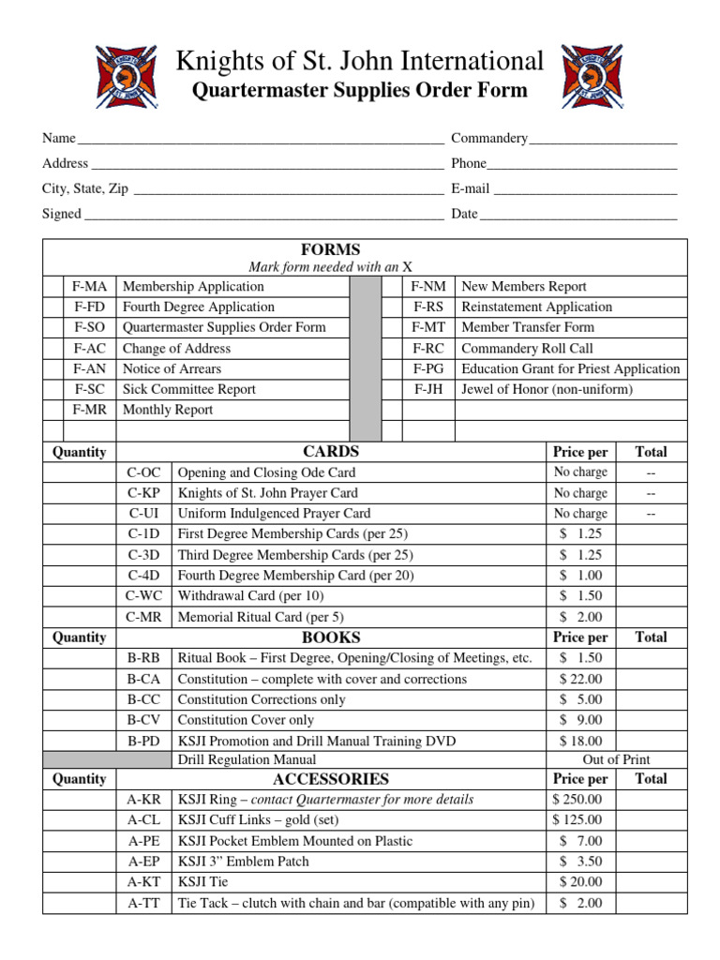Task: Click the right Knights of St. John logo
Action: pyautogui.click(x=591, y=77)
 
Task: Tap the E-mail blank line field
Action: pyautogui.click(x=585, y=189)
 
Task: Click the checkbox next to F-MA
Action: pyautogui.click(x=54, y=287)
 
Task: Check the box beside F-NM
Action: pyautogui.click(x=392, y=287)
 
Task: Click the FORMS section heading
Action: pyautogui.click(x=330, y=249)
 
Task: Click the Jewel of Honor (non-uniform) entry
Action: pyautogui.click(x=547, y=389)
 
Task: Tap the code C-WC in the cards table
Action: pyautogui.click(x=143, y=596)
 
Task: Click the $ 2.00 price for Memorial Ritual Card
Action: pyautogui.click(x=580, y=617)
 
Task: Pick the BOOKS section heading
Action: pyautogui.click(x=330, y=637)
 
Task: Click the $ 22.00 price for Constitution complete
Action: pyautogui.click(x=580, y=679)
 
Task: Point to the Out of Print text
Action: pyautogui.click(x=616, y=759)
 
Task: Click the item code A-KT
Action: pyautogui.click(x=143, y=882)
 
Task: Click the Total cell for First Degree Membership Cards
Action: pyautogui.click(x=651, y=534)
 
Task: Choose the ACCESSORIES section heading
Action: pyautogui.click(x=330, y=779)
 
